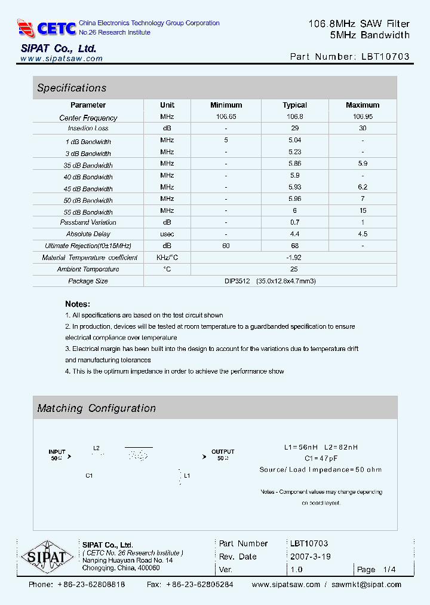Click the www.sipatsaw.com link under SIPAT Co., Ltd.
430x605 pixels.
[62, 59]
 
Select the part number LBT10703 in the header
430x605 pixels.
[385, 57]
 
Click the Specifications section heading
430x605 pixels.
[72, 88]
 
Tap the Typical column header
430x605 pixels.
[294, 105]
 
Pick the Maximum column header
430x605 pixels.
[363, 105]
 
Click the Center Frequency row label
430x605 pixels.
[88, 118]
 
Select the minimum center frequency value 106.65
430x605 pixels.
[226, 117]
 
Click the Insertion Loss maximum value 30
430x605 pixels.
[363, 129]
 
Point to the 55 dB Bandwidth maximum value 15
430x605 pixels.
[363, 211]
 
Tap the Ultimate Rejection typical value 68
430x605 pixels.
[294, 246]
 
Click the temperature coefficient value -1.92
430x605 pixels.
[294, 258]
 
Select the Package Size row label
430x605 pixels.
[88, 281]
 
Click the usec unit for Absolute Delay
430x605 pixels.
[167, 234]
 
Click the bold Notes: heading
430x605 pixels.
[78, 304]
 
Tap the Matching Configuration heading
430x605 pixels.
[96, 408]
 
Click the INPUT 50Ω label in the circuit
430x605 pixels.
[58, 455]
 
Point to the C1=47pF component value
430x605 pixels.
[321, 458]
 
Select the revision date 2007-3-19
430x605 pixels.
[311, 557]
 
